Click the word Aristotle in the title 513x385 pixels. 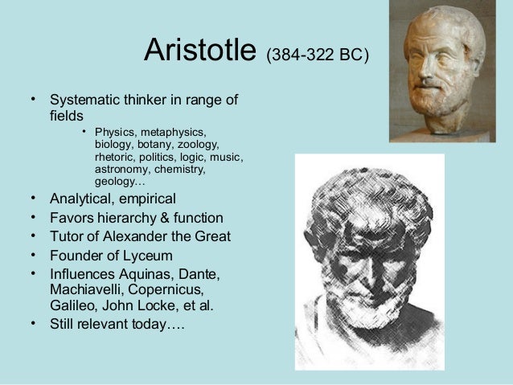point(201,52)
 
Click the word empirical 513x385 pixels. point(147,199)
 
